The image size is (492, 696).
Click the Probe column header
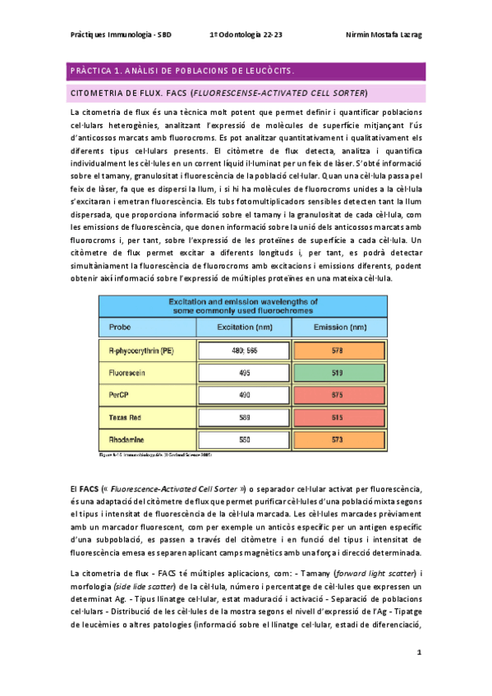point(120,326)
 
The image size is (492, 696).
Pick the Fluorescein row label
point(129,372)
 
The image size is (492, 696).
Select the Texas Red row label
point(126,418)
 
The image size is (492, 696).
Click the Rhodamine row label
point(127,440)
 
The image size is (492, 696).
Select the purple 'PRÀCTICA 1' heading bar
point(246,71)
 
